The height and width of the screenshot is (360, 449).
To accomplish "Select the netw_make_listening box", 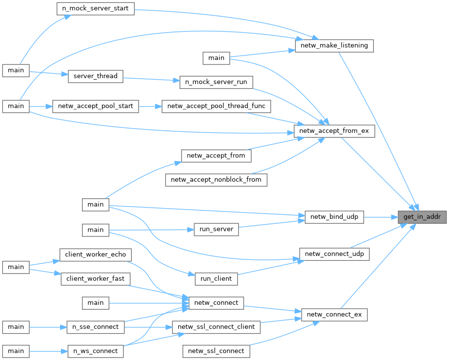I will click(x=334, y=46).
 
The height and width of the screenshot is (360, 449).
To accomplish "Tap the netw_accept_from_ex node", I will click(x=334, y=131).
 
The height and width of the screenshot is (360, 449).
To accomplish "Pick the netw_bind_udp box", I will click(x=334, y=217).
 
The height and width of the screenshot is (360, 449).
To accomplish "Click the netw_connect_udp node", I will click(x=334, y=254).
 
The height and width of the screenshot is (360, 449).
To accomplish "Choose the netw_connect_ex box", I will click(x=334, y=314).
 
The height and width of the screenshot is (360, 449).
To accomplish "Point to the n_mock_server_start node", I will click(x=95, y=9).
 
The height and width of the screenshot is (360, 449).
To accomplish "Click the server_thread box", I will click(x=95, y=76).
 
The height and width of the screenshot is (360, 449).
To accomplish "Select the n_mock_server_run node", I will click(x=216, y=82).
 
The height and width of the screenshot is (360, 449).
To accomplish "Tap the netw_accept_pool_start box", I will click(x=95, y=106).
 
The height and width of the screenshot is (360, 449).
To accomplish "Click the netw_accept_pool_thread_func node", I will click(x=216, y=106).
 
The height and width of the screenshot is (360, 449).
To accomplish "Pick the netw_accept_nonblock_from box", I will click(x=216, y=180).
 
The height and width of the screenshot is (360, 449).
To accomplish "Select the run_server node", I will click(x=216, y=229).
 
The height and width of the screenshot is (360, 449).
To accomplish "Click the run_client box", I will click(x=216, y=278).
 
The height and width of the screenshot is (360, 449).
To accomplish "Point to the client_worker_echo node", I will click(x=95, y=254).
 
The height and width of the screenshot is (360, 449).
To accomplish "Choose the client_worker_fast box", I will click(x=95, y=278).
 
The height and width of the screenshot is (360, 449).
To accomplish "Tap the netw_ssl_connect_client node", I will click(x=216, y=327).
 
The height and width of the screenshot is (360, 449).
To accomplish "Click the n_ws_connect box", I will click(x=95, y=351).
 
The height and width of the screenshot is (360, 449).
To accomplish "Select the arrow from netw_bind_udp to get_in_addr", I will click(x=381, y=217).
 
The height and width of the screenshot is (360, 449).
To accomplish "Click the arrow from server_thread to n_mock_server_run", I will click(x=151, y=79).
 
